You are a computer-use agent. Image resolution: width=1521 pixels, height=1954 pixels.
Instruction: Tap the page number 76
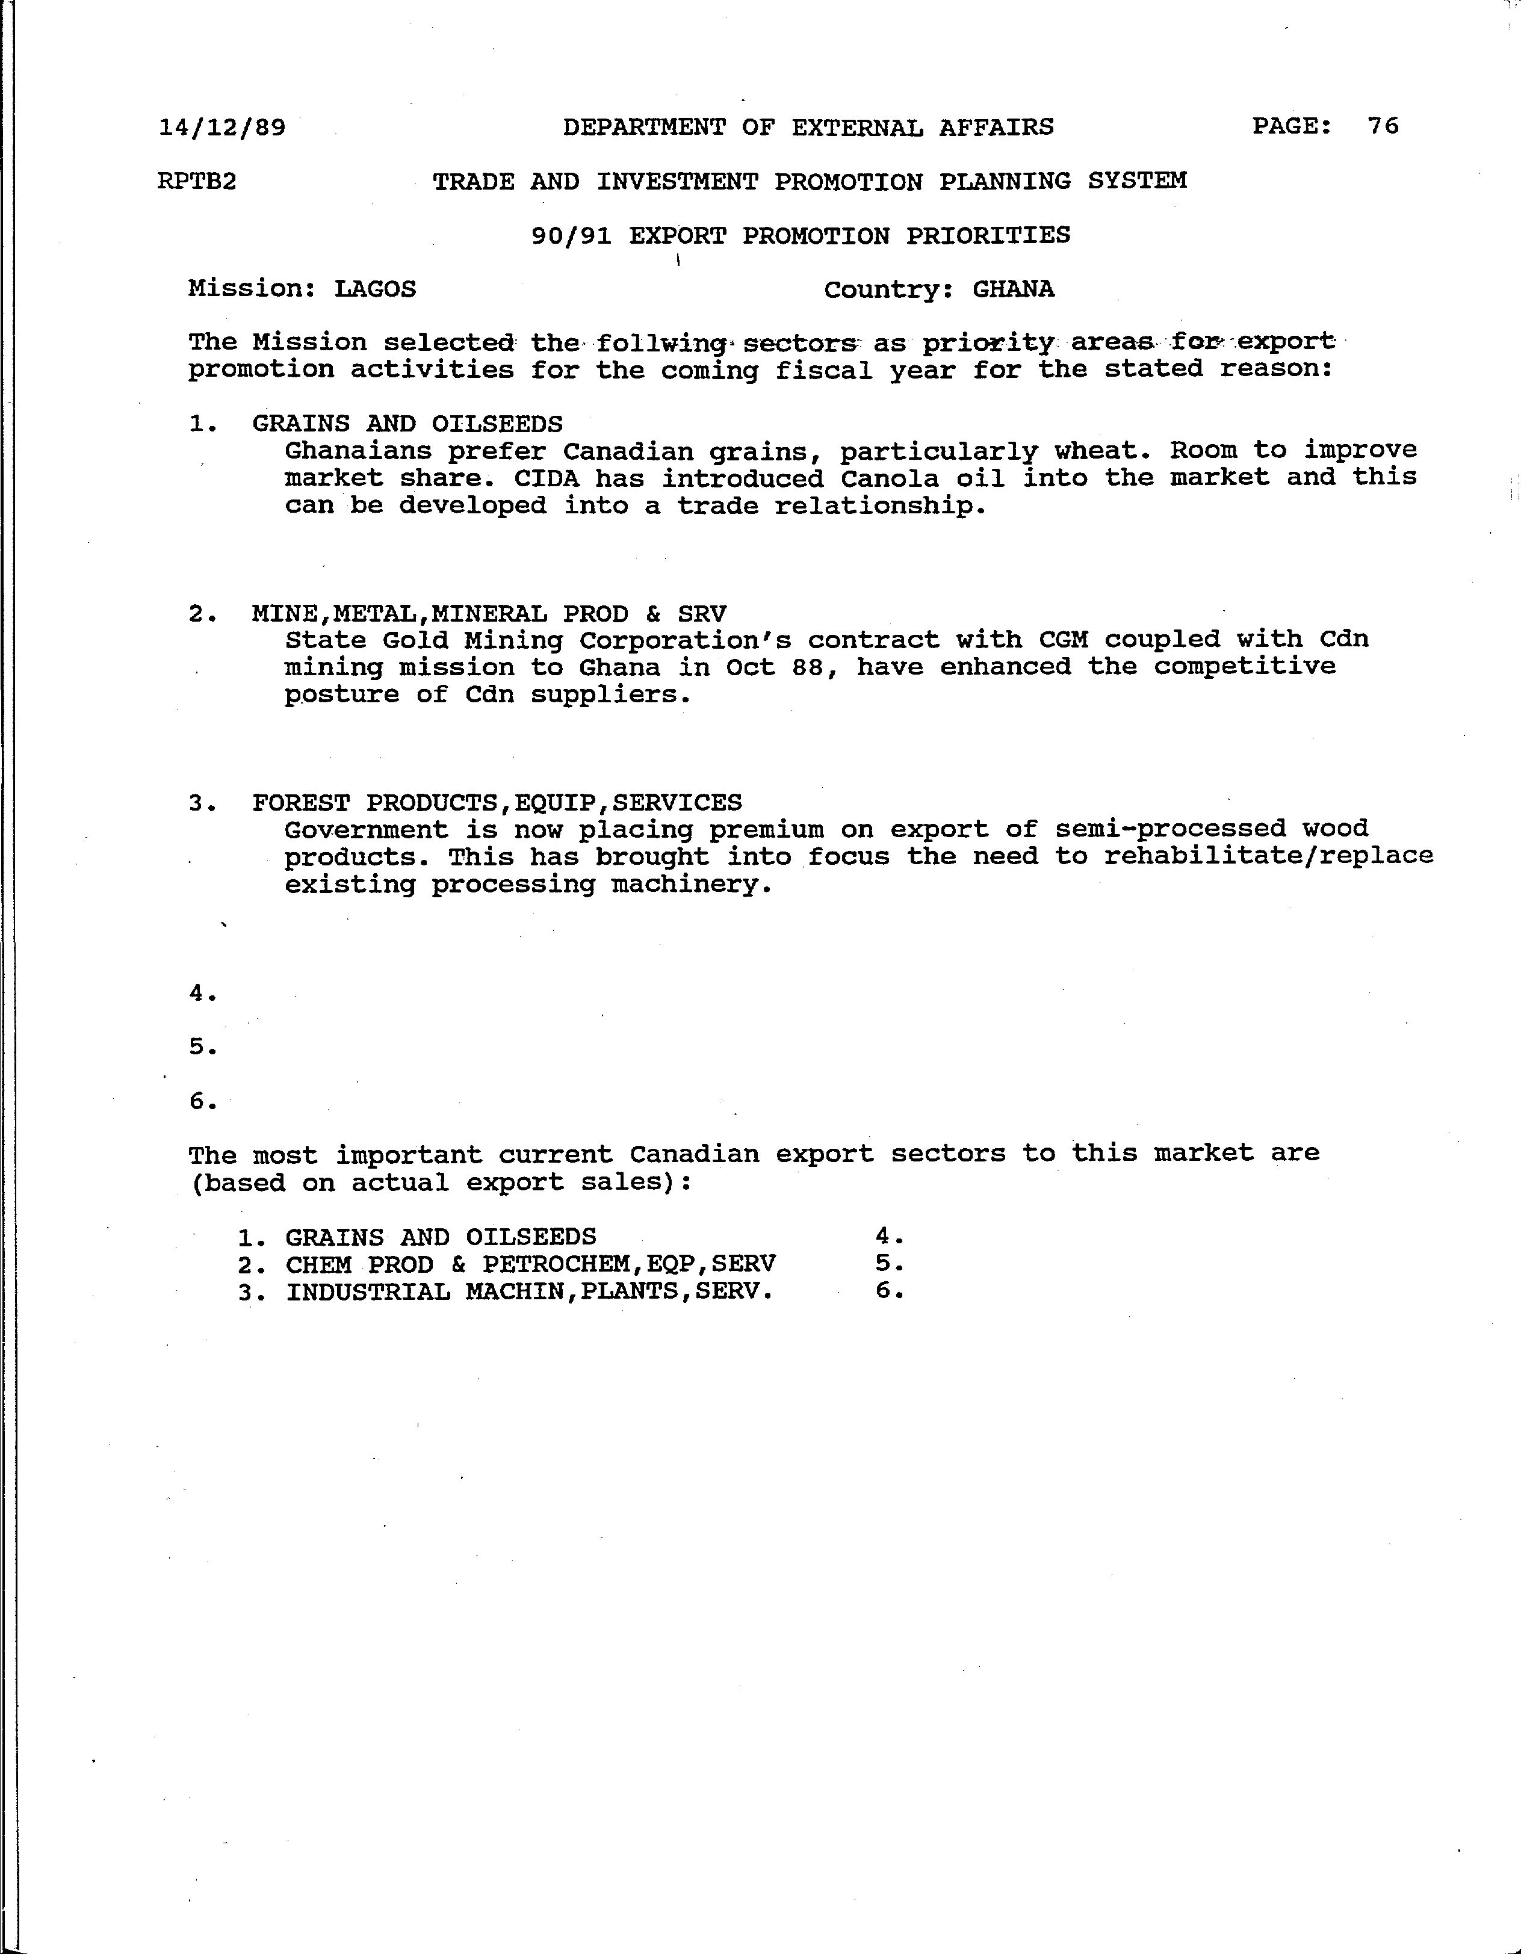point(1383,126)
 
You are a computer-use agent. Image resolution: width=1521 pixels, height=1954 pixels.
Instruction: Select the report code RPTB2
point(197,182)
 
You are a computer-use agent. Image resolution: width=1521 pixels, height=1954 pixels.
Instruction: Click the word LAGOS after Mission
point(375,289)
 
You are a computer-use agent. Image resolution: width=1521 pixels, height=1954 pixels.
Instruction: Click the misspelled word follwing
point(660,342)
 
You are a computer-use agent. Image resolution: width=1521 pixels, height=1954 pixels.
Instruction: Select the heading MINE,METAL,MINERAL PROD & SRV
point(489,614)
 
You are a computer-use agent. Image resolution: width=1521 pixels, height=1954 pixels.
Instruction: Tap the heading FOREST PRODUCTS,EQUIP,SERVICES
point(497,803)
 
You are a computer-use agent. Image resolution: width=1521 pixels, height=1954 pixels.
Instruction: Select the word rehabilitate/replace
point(1268,856)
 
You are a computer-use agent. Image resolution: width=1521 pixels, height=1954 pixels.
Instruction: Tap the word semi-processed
point(1170,829)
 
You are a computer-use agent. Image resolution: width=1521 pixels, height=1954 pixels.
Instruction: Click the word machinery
point(691,885)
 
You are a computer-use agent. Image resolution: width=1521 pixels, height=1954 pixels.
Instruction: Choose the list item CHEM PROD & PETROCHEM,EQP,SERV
point(530,1264)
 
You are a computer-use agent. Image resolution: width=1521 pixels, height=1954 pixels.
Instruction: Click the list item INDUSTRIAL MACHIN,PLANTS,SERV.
point(529,1292)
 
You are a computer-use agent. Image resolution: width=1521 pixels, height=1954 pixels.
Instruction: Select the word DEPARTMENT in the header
point(644,127)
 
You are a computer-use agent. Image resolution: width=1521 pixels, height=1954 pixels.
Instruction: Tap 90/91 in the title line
point(571,236)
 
